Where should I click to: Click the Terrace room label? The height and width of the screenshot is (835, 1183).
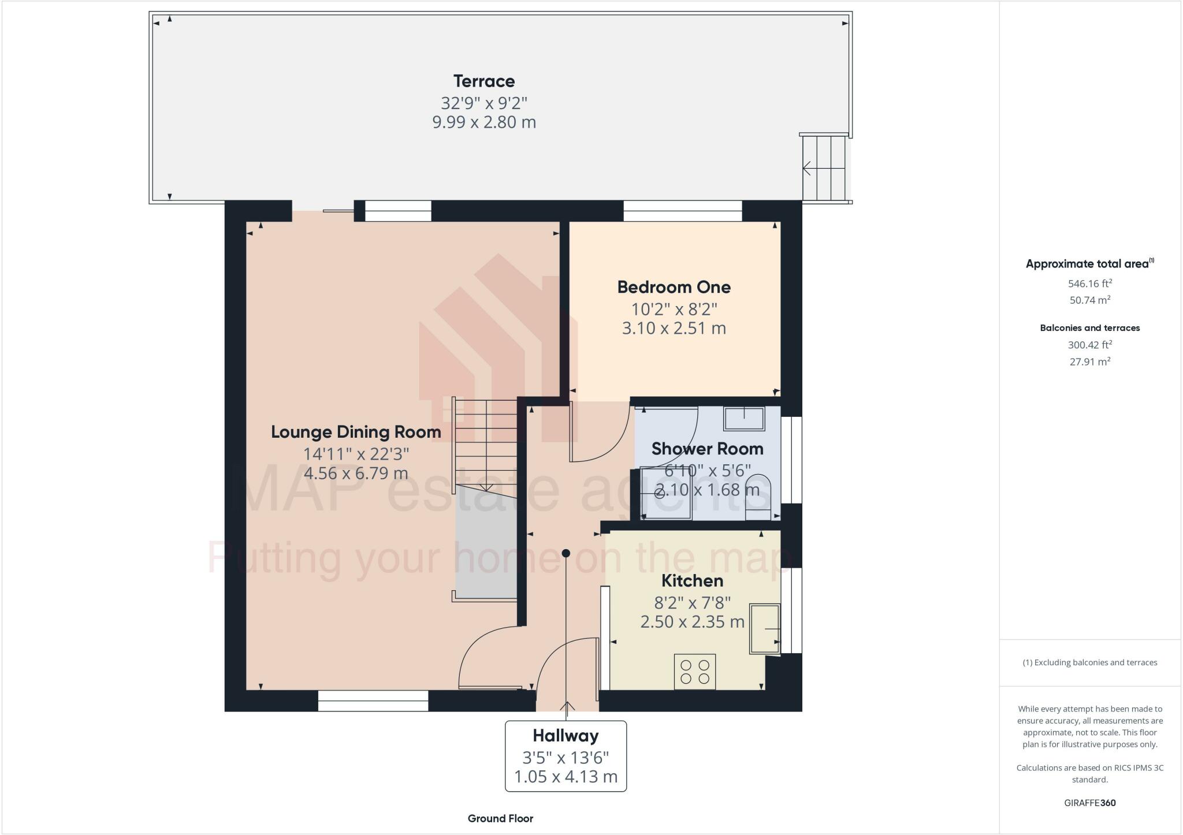click(483, 81)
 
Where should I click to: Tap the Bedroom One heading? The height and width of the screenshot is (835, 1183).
click(674, 287)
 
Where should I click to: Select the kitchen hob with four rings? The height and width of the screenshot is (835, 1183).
click(694, 672)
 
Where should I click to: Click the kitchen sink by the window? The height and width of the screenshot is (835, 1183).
click(764, 628)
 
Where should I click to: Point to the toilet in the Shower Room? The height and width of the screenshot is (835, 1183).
click(758, 496)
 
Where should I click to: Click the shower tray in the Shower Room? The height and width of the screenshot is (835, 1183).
click(665, 493)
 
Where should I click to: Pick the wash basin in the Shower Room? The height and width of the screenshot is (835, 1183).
click(744, 418)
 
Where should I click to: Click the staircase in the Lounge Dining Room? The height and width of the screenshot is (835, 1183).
click(485, 445)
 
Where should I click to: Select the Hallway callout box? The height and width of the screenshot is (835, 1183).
click(566, 756)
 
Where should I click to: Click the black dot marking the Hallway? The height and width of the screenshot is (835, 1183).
click(566, 553)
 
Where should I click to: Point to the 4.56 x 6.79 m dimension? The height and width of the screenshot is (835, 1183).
click(356, 473)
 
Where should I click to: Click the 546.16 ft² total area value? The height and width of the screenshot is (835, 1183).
click(1089, 284)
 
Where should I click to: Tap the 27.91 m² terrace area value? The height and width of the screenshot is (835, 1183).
click(1089, 362)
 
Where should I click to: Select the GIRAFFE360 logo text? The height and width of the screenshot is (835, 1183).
click(1089, 803)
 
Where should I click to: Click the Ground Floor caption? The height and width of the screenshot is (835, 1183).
click(500, 818)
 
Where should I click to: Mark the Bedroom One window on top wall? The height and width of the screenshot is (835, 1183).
click(682, 211)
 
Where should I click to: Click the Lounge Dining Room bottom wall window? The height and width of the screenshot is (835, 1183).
click(373, 700)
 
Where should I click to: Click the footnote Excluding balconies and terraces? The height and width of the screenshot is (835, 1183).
click(1089, 662)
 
